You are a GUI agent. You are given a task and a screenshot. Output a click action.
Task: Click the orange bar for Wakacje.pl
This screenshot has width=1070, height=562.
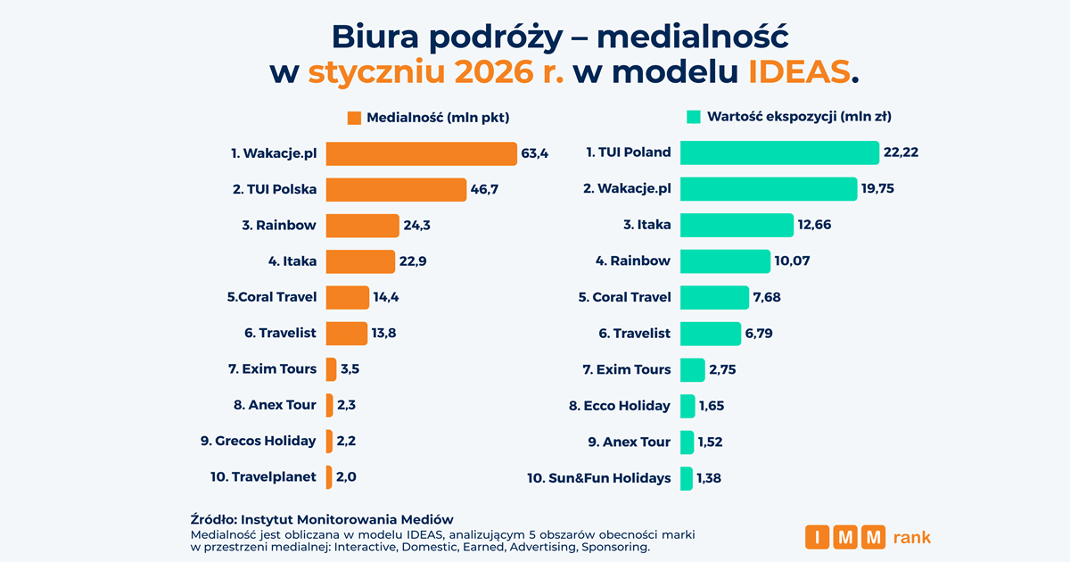point(421,153)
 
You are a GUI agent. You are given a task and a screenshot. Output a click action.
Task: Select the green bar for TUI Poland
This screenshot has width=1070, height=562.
point(779,153)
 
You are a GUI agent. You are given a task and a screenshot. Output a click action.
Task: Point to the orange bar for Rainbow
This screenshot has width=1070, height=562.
point(362,226)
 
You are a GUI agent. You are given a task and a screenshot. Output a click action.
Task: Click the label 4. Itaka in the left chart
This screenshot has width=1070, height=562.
point(292,261)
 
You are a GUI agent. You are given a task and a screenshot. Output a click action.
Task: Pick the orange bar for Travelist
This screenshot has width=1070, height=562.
point(346,333)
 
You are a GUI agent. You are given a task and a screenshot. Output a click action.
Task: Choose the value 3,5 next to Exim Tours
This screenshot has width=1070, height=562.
point(350,368)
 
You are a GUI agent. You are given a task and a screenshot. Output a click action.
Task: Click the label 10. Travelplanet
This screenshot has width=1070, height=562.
point(263,476)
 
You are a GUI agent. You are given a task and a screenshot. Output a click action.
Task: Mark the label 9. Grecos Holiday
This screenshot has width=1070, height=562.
point(259,441)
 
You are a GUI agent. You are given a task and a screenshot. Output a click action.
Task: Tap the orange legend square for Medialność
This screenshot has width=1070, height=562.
point(353,117)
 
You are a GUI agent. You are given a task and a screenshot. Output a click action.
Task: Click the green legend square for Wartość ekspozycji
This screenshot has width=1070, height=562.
point(693,116)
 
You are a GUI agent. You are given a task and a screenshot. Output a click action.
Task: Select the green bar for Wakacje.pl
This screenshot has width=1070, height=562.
point(768,189)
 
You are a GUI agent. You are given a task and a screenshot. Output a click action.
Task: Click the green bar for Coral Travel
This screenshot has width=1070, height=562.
point(714,297)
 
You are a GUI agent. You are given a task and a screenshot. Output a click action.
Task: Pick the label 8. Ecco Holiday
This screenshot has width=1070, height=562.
point(620,406)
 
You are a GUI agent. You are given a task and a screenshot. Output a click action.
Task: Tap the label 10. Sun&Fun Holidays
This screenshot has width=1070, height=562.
point(599,478)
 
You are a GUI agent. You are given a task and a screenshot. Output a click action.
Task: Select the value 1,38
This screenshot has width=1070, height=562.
point(710,478)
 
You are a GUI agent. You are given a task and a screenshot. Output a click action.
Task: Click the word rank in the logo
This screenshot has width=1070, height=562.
point(911,537)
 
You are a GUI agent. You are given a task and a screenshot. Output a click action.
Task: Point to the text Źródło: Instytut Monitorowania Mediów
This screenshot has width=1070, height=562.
point(322,519)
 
